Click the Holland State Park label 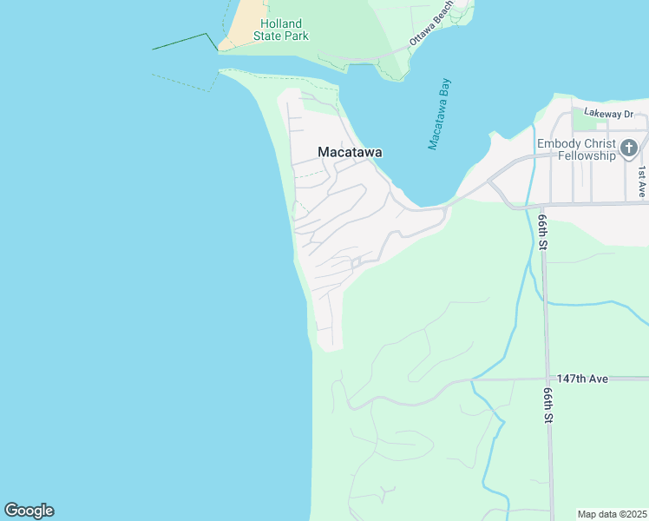(x=280, y=30)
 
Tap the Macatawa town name (x=350, y=152)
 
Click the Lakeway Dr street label (x=609, y=113)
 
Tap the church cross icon (x=629, y=148)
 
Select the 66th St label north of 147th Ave (x=541, y=234)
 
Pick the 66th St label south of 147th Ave (x=548, y=405)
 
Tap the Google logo (x=29, y=511)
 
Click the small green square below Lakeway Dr (x=578, y=126)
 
